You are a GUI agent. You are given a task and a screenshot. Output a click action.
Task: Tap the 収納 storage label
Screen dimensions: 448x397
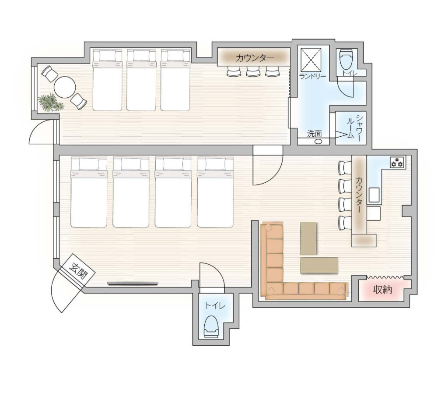click(382, 290)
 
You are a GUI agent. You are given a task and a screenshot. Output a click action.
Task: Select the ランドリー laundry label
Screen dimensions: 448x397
click(312, 76)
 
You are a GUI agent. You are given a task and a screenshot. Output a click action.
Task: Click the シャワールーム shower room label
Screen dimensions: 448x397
click(354, 128)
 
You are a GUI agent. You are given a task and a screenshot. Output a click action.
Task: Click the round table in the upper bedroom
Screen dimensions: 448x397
click(65, 87)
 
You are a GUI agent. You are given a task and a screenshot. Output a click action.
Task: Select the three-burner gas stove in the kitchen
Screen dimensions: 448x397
click(397, 162)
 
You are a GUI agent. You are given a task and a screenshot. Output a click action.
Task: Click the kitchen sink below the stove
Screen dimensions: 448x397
click(374, 195)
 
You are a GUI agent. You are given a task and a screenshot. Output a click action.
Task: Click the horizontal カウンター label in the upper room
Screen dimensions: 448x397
click(255, 58)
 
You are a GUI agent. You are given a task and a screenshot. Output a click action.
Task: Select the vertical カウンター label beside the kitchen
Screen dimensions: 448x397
click(359, 195)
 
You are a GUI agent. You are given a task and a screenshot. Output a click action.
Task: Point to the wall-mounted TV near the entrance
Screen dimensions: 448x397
click(133, 284)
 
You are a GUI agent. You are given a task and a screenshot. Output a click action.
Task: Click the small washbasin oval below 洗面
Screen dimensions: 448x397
click(318, 141)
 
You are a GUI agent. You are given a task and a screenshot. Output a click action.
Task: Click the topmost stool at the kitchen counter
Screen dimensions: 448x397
click(344, 168)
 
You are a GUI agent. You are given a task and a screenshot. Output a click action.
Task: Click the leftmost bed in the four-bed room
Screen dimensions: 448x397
click(88, 192)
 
